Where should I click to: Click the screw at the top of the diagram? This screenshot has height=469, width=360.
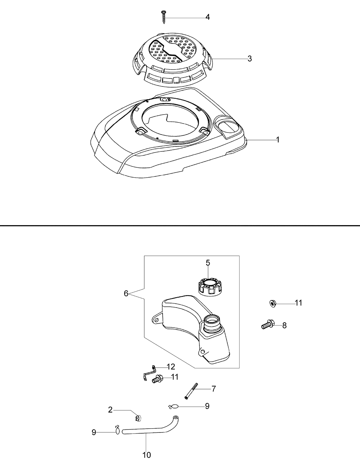pos(164,17)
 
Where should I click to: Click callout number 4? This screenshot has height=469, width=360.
pos(207,17)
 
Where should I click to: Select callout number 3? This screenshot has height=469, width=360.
pos(249,59)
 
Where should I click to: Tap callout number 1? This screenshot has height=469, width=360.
pos(278,140)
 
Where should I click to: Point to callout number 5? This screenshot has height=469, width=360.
pos(208,263)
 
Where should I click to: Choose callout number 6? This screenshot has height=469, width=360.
pos(126,293)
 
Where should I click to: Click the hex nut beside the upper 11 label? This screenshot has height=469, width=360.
pos(273,304)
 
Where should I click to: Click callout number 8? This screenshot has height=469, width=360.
pos(284,325)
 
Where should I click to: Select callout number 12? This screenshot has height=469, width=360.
pos(171,367)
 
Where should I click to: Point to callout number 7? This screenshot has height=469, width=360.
pos(213,389)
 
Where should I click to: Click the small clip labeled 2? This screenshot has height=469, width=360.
pos(137,418)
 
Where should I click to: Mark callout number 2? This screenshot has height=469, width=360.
pos(110,410)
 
